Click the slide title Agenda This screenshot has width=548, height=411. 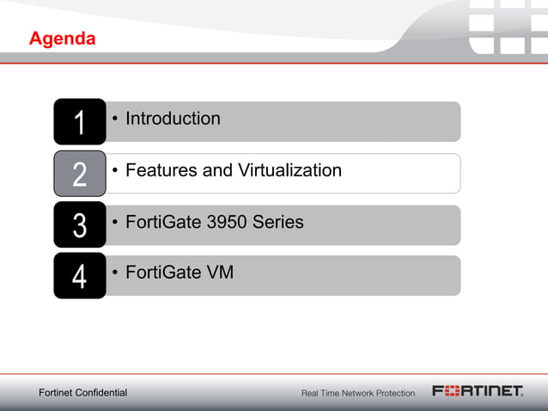point(62,40)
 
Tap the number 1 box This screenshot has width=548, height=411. point(79,123)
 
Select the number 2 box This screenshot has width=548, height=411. point(79,175)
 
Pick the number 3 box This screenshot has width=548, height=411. point(79,226)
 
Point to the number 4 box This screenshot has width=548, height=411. point(79,277)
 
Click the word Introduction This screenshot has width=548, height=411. point(173,119)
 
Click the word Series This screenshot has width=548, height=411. point(280,222)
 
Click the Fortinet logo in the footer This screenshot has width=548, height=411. point(478,392)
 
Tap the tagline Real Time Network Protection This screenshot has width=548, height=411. point(357,393)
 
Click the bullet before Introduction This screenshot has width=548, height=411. point(115,120)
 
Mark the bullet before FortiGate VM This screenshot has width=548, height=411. point(115,274)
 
